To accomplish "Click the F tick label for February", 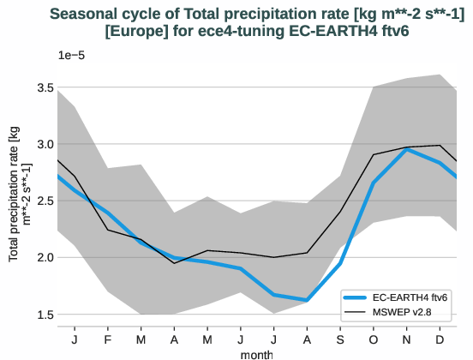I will click(108, 339).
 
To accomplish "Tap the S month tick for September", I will click(340, 339).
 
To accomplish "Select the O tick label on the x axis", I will click(374, 339).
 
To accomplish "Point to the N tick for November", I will click(406, 339).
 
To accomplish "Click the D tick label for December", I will click(440, 339).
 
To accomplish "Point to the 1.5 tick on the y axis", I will click(45, 315).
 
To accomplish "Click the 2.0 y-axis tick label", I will click(45, 258).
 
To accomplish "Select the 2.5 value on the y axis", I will click(45, 201).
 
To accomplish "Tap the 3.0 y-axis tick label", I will click(45, 145).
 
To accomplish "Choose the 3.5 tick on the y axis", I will click(45, 88).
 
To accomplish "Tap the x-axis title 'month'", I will click(257, 353).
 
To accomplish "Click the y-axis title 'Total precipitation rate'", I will click(20, 195).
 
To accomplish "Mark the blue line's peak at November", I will click(407, 149).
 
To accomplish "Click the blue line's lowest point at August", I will click(308, 300).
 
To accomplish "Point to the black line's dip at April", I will click(174, 262).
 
